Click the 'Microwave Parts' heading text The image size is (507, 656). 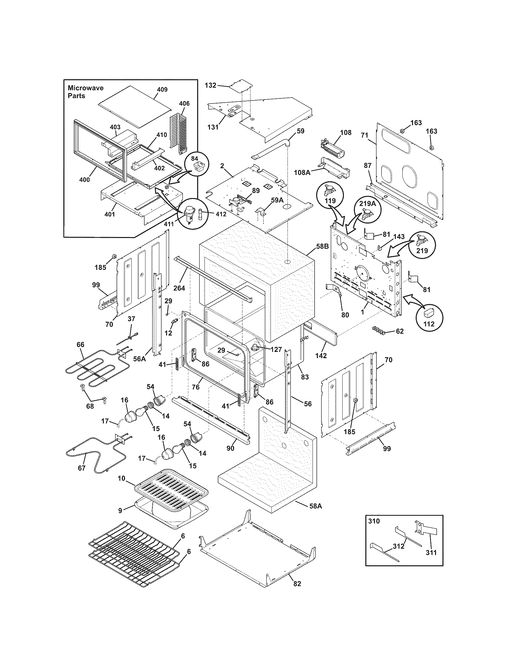click(x=85, y=92)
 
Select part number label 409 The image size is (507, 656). click(x=162, y=89)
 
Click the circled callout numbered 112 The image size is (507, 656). click(x=429, y=324)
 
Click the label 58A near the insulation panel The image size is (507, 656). click(x=315, y=506)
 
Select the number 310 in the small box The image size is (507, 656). click(x=374, y=521)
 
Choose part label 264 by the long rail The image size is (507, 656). click(x=179, y=288)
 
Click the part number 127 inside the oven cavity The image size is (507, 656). click(x=276, y=349)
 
